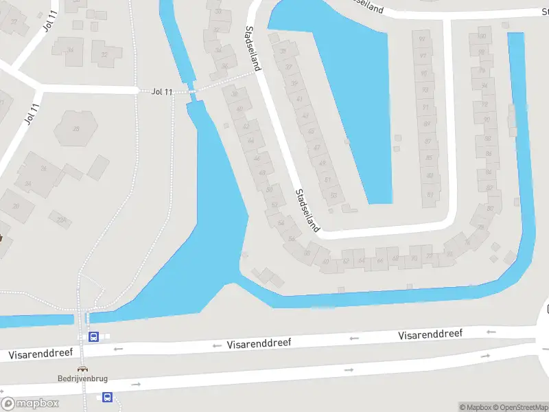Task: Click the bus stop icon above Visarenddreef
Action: pos(94,336)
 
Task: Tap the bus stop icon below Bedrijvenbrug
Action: pos(107,397)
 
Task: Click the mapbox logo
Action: pos(30,403)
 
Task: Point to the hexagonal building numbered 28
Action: pos(75,128)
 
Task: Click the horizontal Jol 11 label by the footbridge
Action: pos(163,91)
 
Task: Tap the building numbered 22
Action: pos(105,54)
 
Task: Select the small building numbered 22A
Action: pos(62,220)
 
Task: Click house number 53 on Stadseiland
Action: pos(334,195)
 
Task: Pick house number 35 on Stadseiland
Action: pos(283,52)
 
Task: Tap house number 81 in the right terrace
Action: pos(430,194)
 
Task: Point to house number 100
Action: pos(482,36)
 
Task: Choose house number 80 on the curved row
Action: pos(490,207)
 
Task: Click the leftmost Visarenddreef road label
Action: pos(40,354)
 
